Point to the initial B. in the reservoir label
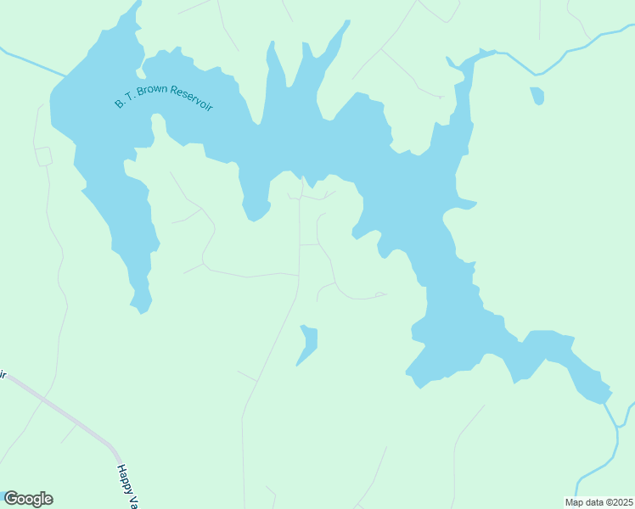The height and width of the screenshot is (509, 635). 120,103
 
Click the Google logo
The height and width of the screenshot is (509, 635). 28,499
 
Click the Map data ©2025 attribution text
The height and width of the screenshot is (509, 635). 598,502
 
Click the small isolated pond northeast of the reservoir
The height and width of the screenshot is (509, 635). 537,95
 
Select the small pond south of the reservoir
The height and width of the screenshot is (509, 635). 308,343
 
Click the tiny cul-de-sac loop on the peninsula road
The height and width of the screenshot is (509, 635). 380,294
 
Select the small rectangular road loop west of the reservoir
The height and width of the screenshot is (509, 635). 43,156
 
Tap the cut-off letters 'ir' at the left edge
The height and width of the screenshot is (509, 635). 3,374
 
